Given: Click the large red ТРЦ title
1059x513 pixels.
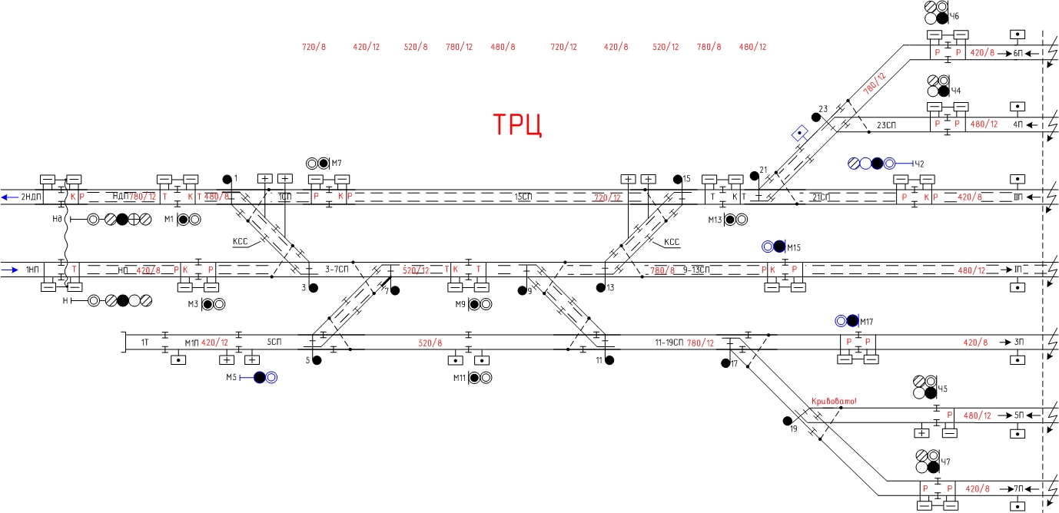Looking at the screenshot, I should [x=517, y=125].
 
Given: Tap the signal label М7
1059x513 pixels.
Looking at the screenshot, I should [x=336, y=163].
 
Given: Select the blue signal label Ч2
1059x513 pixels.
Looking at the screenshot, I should [x=919, y=164].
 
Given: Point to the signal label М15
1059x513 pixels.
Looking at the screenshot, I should [x=794, y=247].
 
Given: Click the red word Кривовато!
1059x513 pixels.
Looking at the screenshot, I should [x=833, y=401].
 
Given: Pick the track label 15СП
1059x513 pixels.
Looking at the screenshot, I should [x=524, y=197].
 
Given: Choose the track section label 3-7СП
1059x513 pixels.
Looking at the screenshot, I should [x=337, y=270].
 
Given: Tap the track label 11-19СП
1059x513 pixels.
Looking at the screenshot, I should [x=667, y=343].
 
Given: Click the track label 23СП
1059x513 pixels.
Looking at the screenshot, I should [x=888, y=124].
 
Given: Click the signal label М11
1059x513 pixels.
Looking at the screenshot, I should [x=460, y=378].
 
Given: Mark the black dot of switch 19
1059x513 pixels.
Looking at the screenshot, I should [x=787, y=421].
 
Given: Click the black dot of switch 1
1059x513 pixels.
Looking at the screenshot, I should [x=227, y=180].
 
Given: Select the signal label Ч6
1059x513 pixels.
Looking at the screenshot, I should [x=954, y=16].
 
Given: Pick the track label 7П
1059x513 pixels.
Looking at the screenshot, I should [x=1018, y=488].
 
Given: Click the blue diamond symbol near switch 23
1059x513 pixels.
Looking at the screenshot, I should [x=800, y=133].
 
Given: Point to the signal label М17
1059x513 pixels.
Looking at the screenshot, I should [x=868, y=321].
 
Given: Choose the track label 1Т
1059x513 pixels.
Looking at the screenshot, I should [x=144, y=342].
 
